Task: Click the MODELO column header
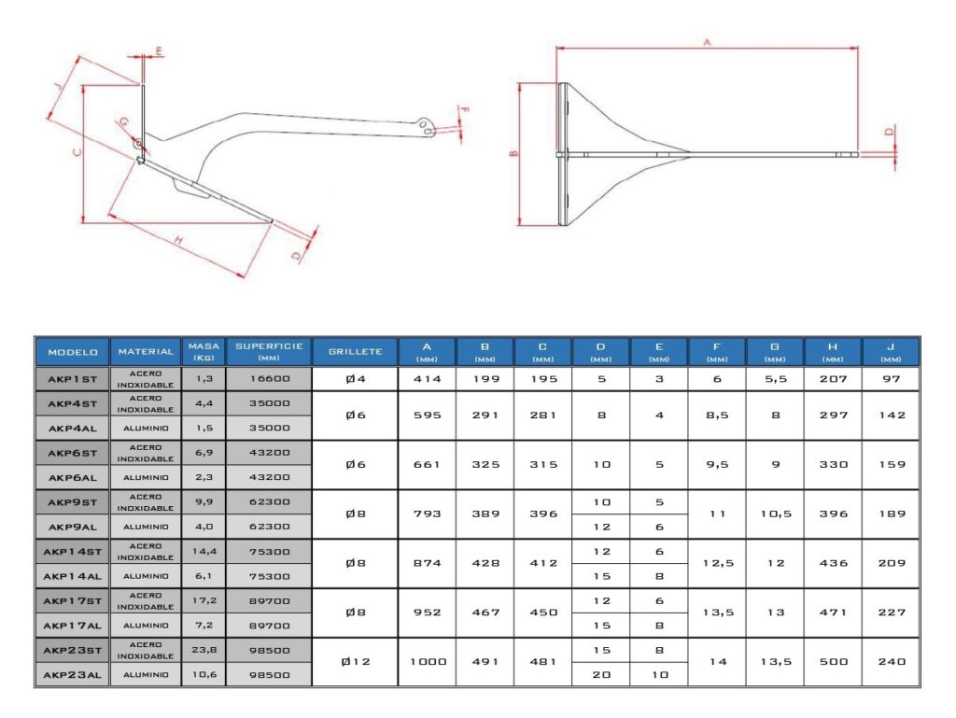coord(72,352)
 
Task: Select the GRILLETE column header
coord(355,352)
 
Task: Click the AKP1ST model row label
coord(72,379)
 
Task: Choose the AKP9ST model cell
coord(72,502)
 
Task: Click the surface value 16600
coord(269,379)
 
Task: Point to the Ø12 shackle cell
coord(355,662)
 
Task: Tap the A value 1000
coord(427,662)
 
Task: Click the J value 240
coord(891,662)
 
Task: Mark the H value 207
coord(833,379)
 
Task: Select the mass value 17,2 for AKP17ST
coord(204,600)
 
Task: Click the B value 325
coord(485,465)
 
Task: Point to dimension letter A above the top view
coord(707,42)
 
